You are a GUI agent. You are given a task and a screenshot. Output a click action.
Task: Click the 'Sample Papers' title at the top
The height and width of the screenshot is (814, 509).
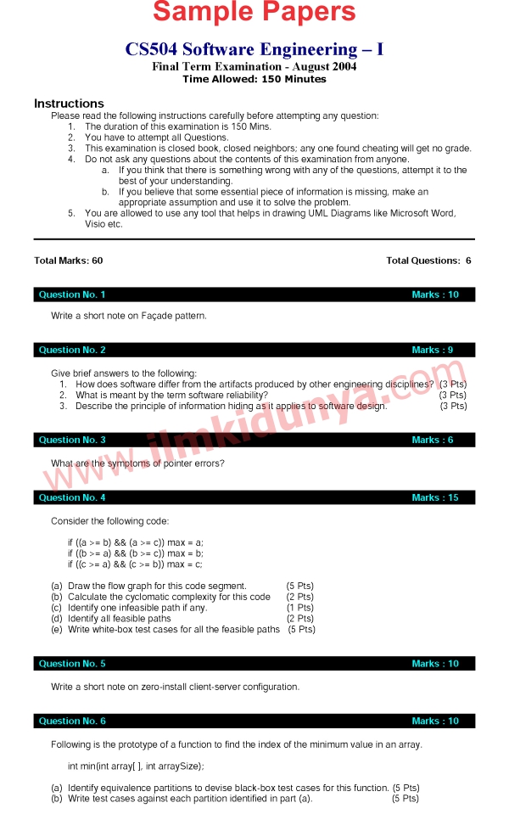point(255,13)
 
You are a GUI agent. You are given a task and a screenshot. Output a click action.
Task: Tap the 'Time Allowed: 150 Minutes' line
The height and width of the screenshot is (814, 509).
point(255,79)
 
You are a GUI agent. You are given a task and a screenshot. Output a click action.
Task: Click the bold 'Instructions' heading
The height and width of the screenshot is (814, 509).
point(69,104)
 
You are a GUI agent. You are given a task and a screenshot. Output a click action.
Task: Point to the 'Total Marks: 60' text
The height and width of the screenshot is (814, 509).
point(68,261)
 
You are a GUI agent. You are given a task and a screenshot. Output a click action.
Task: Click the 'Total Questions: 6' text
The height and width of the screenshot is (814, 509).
point(428,261)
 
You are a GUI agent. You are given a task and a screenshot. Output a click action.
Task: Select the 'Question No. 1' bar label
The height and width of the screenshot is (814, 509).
point(72,295)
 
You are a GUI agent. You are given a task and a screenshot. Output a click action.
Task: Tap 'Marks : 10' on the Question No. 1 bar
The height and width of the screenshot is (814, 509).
point(435,295)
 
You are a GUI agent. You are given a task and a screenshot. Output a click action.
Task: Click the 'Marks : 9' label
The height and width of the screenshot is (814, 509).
point(433,350)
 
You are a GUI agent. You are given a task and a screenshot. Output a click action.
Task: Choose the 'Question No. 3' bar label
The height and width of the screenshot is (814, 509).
point(72,440)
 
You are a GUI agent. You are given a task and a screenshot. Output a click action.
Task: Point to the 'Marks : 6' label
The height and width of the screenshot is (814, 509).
point(433,440)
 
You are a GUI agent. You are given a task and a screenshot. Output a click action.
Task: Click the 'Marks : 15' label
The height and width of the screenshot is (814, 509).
point(435,497)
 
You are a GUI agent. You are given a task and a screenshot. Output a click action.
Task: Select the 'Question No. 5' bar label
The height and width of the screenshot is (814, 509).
point(72,664)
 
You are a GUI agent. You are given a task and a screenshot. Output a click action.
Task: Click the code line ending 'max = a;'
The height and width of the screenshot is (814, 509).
point(136,542)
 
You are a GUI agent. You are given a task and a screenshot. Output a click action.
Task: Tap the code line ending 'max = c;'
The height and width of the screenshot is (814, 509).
point(136,564)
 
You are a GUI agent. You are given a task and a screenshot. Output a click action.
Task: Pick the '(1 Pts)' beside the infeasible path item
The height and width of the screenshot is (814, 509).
point(299,608)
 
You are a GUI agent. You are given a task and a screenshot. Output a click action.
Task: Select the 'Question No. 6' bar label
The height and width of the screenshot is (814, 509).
point(72,721)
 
